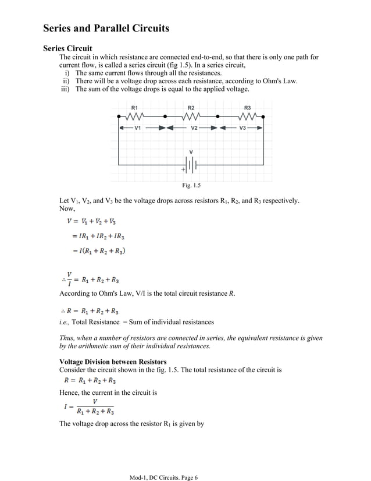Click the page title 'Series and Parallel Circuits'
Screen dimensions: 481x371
[106, 28]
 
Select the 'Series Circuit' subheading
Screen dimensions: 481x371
[67, 48]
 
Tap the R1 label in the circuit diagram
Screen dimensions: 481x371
[134, 108]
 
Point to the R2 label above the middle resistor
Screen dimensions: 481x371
[191, 108]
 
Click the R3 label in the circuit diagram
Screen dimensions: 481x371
[247, 108]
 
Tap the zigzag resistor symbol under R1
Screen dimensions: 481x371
[135, 116]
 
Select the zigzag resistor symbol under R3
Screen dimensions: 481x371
[248, 116]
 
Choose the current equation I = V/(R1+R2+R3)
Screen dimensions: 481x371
[89, 406]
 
